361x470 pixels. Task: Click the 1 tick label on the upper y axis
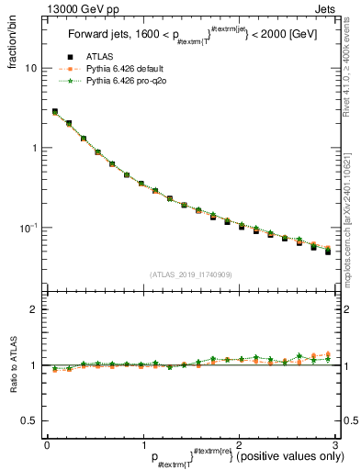coord(33,148)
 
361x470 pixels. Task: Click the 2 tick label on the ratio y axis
coord(33,309)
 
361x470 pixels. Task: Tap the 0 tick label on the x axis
coord(47,444)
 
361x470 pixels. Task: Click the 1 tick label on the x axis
coord(142,444)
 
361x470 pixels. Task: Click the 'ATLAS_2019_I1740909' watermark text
coord(190,274)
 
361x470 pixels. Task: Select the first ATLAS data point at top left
coord(55,112)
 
